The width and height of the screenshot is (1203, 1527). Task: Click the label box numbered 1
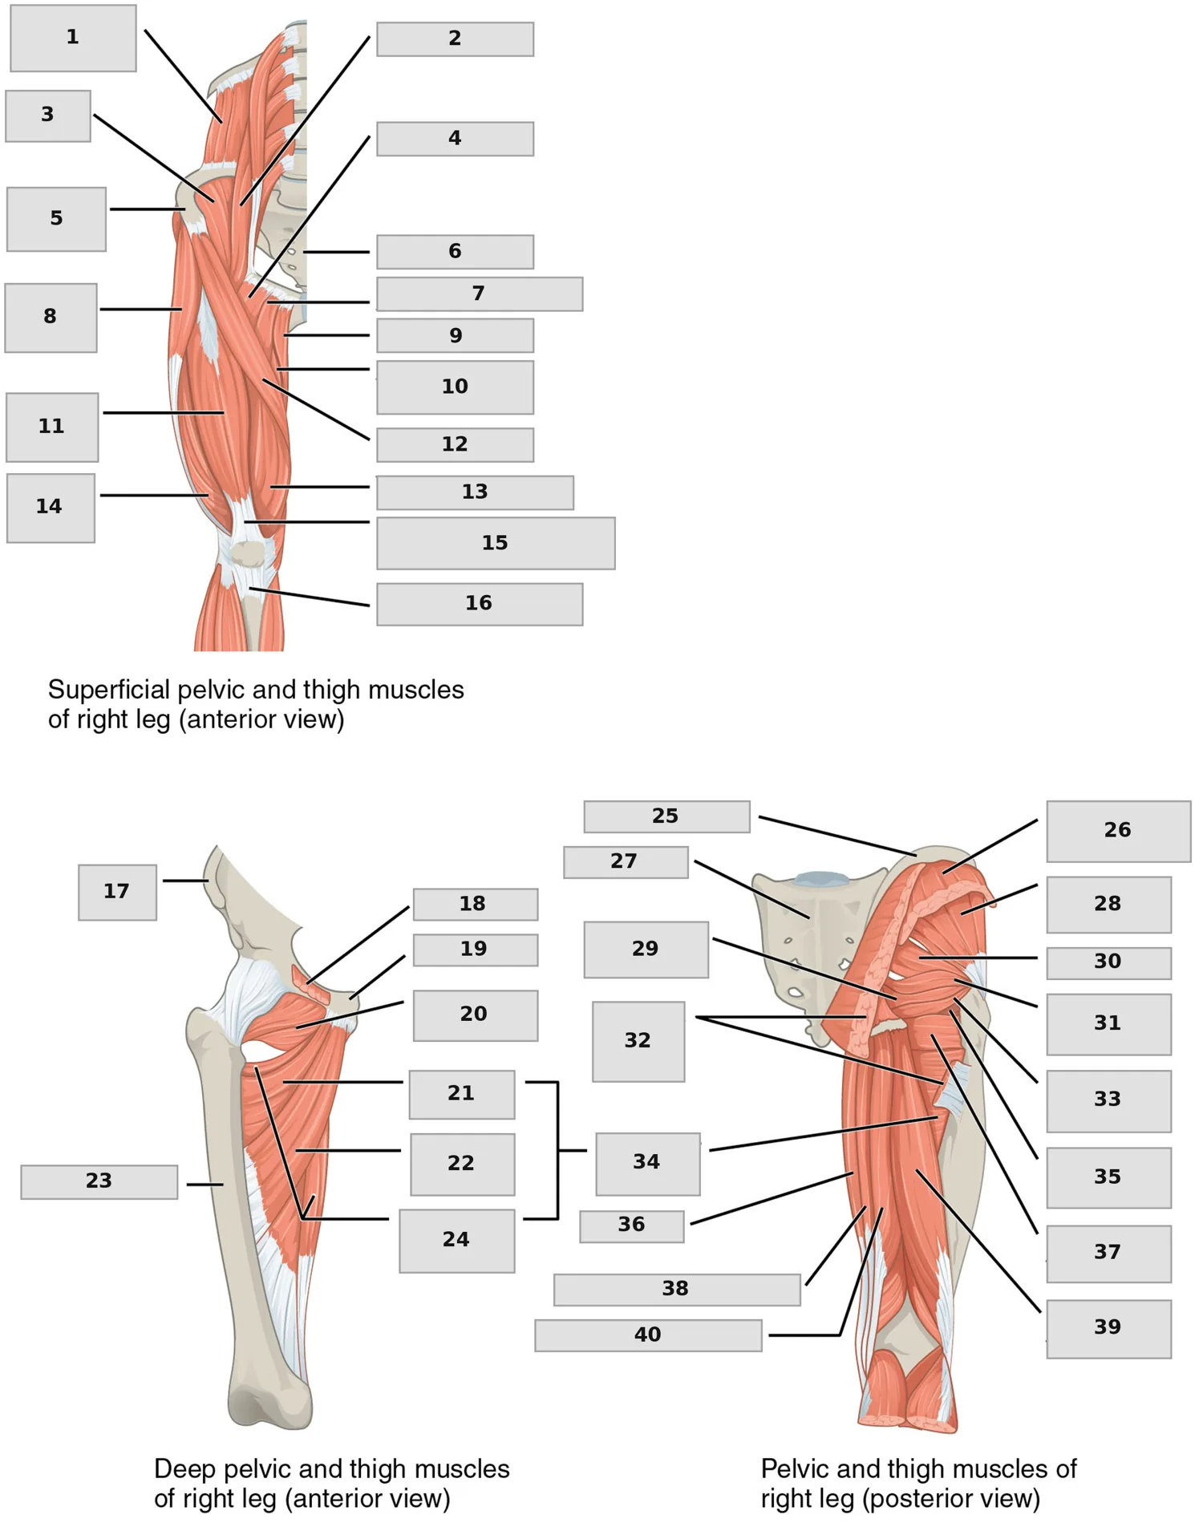(x=73, y=38)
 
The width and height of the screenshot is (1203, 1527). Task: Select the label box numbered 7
(x=480, y=294)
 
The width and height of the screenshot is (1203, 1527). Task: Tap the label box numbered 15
(x=496, y=544)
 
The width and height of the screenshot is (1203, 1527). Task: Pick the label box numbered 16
(x=480, y=604)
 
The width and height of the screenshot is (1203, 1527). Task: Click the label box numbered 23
(x=99, y=1182)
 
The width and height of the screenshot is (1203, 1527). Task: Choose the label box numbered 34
(x=647, y=1164)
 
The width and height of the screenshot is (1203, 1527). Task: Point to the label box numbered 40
(x=648, y=1335)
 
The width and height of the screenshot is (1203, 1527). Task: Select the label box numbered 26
(x=1118, y=831)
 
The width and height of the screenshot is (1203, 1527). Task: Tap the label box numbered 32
(x=638, y=1041)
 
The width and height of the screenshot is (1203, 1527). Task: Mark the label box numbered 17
(x=117, y=892)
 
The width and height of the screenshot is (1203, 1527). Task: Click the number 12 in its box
(x=455, y=444)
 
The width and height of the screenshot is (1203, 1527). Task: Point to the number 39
(x=1108, y=1327)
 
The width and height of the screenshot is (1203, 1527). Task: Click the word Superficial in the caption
(x=108, y=690)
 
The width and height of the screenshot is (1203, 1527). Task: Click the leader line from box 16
(x=310, y=597)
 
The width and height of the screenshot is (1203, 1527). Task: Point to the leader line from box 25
(x=837, y=836)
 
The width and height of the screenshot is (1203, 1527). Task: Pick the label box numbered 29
(x=646, y=950)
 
